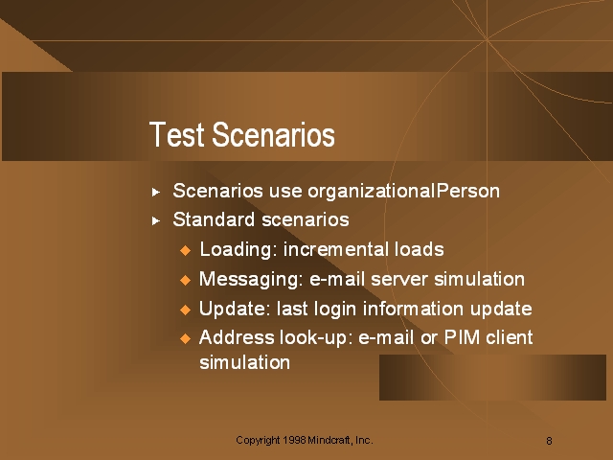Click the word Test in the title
(x=176, y=134)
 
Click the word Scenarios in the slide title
(x=273, y=134)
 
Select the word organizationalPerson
(x=403, y=192)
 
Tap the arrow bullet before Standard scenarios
(x=156, y=221)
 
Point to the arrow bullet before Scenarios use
(x=156, y=192)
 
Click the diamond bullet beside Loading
(x=185, y=250)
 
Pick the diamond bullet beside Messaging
(x=185, y=280)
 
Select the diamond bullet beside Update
(x=185, y=310)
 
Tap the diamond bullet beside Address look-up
(x=185, y=338)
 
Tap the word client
(x=510, y=337)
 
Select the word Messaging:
(x=251, y=280)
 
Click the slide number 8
(x=549, y=441)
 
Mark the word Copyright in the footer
(x=258, y=441)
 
